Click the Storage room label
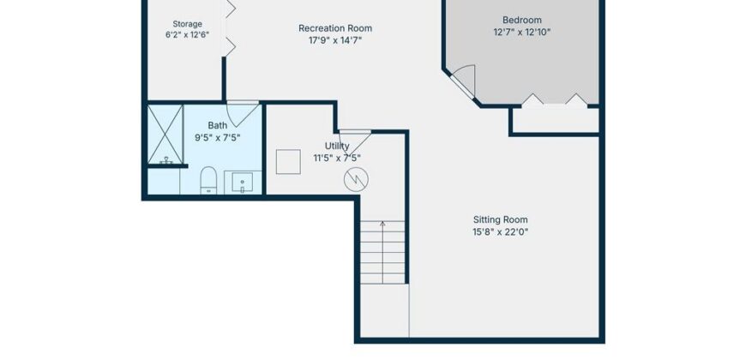pos(187,24)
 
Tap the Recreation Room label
pos(335,28)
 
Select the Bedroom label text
pos(522,20)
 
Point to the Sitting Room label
pos(501,219)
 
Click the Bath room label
pos(218,125)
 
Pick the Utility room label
pos(337,146)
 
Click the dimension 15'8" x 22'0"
pos(501,232)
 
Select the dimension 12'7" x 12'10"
pos(522,33)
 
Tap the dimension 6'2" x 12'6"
pos(187,35)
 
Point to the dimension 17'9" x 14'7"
pos(335,40)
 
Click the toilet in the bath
pos(208,180)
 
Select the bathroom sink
pos(242,183)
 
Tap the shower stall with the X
pos(165,135)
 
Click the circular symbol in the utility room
pos(356,179)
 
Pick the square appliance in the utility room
pos(288,162)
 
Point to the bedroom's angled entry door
pos(465,81)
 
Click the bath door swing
pos(242,113)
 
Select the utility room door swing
pos(355,141)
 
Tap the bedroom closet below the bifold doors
pos(555,121)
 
